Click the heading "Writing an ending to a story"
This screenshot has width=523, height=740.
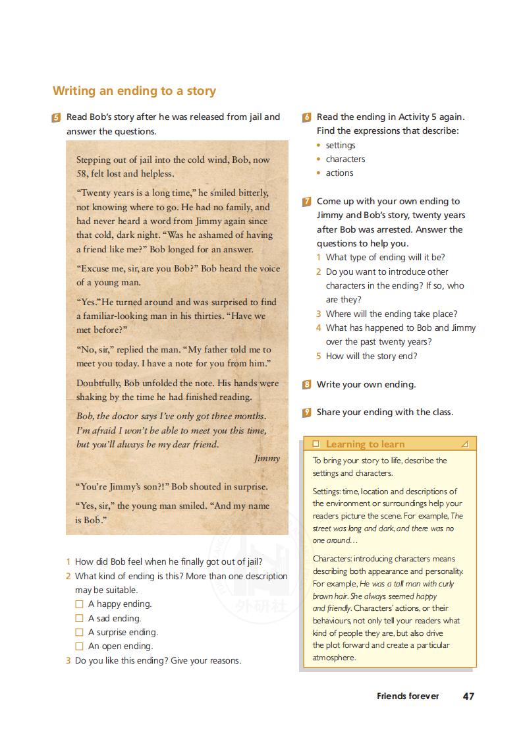point(134,91)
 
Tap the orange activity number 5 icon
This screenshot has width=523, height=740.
point(56,118)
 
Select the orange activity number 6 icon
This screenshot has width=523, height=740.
point(307,117)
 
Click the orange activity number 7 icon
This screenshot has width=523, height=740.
point(307,202)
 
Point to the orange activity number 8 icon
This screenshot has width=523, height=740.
point(307,385)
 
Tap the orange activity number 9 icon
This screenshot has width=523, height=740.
point(307,413)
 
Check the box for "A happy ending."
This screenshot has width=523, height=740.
point(79,604)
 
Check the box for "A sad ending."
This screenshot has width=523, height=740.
point(79,618)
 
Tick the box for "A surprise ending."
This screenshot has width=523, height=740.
point(79,633)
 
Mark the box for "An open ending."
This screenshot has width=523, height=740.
point(79,646)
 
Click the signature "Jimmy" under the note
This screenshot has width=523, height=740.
point(267,459)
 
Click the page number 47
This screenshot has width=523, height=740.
point(468,696)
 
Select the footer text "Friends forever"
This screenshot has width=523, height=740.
point(408,696)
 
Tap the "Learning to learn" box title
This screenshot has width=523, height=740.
point(365,444)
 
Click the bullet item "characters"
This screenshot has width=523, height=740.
point(345,159)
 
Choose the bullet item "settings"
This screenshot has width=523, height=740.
point(341,145)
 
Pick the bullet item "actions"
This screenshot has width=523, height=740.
point(339,173)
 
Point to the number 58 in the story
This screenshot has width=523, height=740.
point(82,174)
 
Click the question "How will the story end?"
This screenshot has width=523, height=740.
point(372,356)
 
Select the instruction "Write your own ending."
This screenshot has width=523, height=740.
point(366,384)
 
